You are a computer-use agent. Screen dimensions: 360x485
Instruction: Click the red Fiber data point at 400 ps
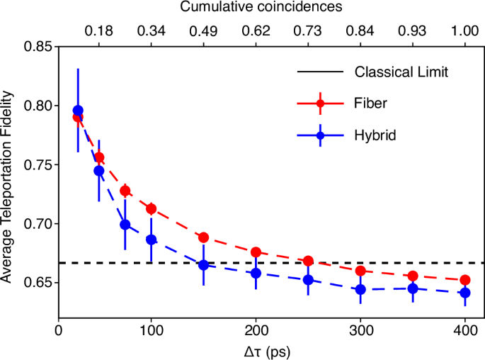465,280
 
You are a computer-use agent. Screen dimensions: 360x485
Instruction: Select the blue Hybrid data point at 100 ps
151,240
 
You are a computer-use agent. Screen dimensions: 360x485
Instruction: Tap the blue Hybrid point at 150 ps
203,265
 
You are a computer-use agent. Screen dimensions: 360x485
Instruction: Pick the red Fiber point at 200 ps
256,252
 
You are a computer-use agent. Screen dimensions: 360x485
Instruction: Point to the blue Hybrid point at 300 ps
360,289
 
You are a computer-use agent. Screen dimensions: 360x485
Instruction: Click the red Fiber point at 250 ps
308,261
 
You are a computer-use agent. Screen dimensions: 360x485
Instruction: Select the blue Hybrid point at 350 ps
413,288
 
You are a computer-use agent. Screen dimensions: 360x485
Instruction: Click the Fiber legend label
370,103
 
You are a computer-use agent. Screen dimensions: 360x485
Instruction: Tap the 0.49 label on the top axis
203,30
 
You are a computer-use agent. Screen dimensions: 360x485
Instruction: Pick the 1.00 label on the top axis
465,30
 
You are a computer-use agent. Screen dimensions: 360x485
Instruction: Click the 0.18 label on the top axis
98,30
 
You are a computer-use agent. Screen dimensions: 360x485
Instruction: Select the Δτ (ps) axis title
263,350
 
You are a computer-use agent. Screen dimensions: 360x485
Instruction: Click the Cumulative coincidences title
261,8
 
